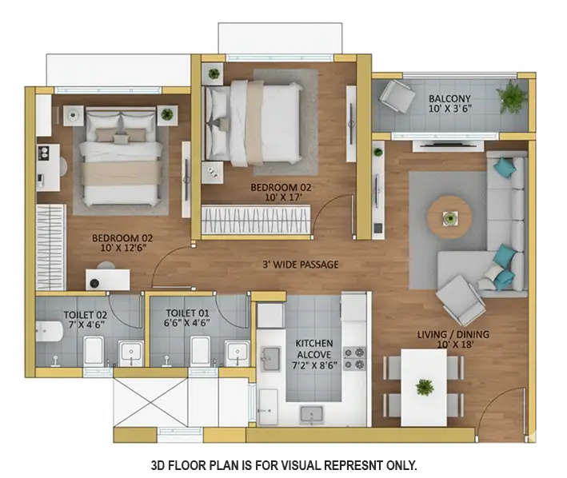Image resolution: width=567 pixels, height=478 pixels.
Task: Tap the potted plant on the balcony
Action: [510, 96]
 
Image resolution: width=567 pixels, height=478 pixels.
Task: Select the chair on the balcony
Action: [396, 96]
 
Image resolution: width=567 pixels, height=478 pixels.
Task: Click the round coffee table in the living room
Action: [449, 217]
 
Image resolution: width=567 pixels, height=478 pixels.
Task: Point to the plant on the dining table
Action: [425, 386]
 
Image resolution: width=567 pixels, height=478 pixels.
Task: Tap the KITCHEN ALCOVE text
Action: [313, 349]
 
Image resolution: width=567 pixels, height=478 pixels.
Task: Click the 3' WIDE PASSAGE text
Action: [300, 265]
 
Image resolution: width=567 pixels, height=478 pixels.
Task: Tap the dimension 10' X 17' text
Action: [280, 198]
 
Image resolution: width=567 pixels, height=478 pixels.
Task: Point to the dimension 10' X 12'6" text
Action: [122, 249]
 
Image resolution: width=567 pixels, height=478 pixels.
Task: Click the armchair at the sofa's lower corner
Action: [461, 298]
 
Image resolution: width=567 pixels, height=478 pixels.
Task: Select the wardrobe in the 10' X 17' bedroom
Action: [255, 220]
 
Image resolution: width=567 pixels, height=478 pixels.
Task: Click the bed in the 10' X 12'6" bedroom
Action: [122, 158]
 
